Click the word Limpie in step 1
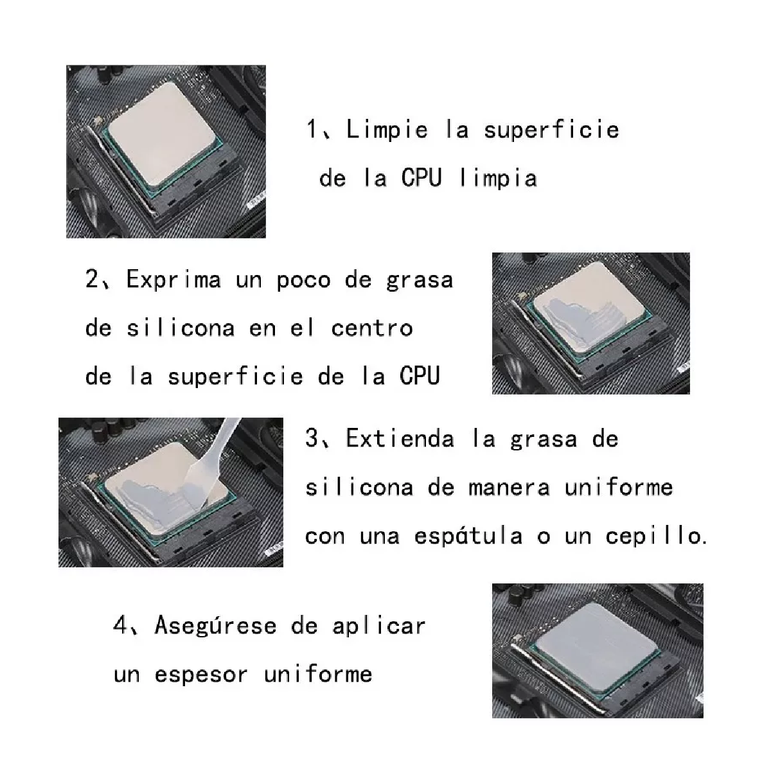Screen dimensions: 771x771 pos(387,130)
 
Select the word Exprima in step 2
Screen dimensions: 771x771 pos(173,279)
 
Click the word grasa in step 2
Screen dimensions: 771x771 pos(420,281)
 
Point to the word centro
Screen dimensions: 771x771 pos(372,328)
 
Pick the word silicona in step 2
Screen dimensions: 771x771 pos(181,328)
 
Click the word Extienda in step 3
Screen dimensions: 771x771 pos(400,438)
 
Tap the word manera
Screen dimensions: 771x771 pos(509,488)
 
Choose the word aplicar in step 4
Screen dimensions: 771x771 pos(379,626)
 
